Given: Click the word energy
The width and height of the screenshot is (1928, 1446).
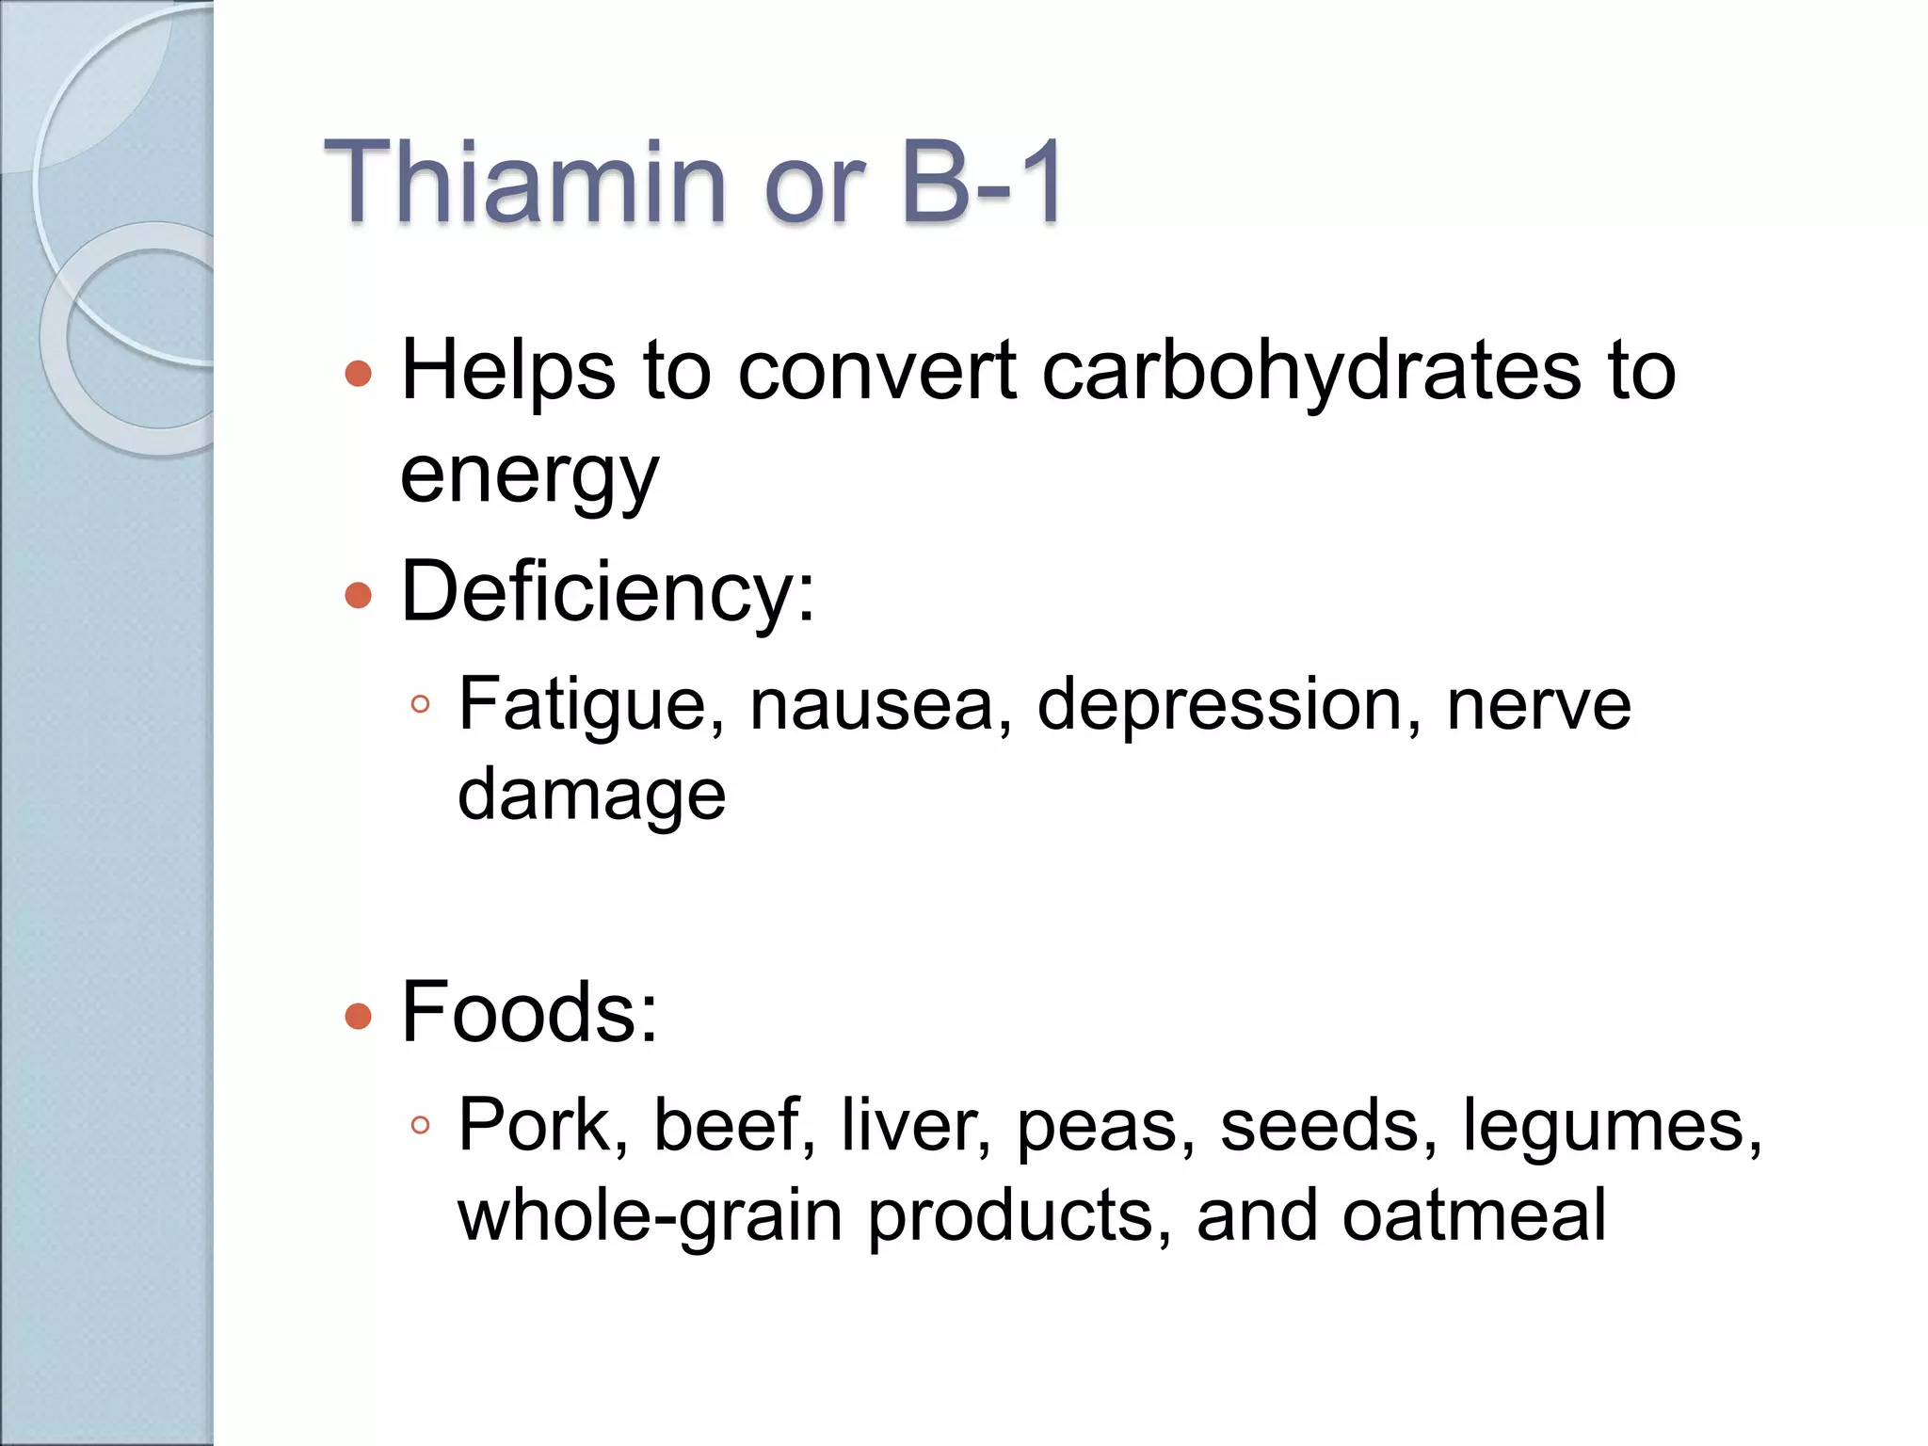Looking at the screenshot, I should click(529, 475).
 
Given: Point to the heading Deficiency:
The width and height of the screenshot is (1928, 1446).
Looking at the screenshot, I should click(608, 592).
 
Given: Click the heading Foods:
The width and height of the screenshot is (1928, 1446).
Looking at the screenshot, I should click(529, 1013).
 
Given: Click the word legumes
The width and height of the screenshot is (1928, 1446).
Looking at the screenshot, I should click(1611, 1125).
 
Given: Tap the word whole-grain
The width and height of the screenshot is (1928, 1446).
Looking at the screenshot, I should click(650, 1215).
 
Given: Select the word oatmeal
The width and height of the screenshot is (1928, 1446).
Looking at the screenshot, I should click(1474, 1215).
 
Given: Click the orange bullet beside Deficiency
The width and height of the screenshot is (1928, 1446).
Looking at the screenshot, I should click(359, 595).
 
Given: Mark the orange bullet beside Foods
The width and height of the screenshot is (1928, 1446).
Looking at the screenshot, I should click(359, 1016).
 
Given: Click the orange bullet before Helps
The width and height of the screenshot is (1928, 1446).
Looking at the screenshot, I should click(359, 374).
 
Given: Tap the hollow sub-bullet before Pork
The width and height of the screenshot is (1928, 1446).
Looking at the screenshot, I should click(421, 1125).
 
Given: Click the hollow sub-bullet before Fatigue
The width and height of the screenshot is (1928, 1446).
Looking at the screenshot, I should click(421, 704).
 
